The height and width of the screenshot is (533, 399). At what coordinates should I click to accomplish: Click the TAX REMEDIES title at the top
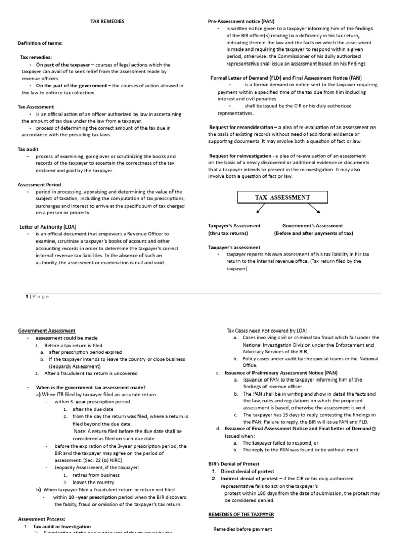108,21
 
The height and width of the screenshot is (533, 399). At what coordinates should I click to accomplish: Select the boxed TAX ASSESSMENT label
283,197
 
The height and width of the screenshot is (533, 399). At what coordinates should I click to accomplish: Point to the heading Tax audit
29,149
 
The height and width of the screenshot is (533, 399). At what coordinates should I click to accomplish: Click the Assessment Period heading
39,185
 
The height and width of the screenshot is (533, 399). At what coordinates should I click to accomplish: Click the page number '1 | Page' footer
37,296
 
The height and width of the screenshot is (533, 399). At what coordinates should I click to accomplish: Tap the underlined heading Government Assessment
47,331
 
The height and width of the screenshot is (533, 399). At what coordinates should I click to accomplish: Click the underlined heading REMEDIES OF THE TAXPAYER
241,514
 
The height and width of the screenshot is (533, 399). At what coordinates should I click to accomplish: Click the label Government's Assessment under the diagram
312,226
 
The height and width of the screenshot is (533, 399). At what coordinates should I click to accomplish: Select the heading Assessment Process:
42,519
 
